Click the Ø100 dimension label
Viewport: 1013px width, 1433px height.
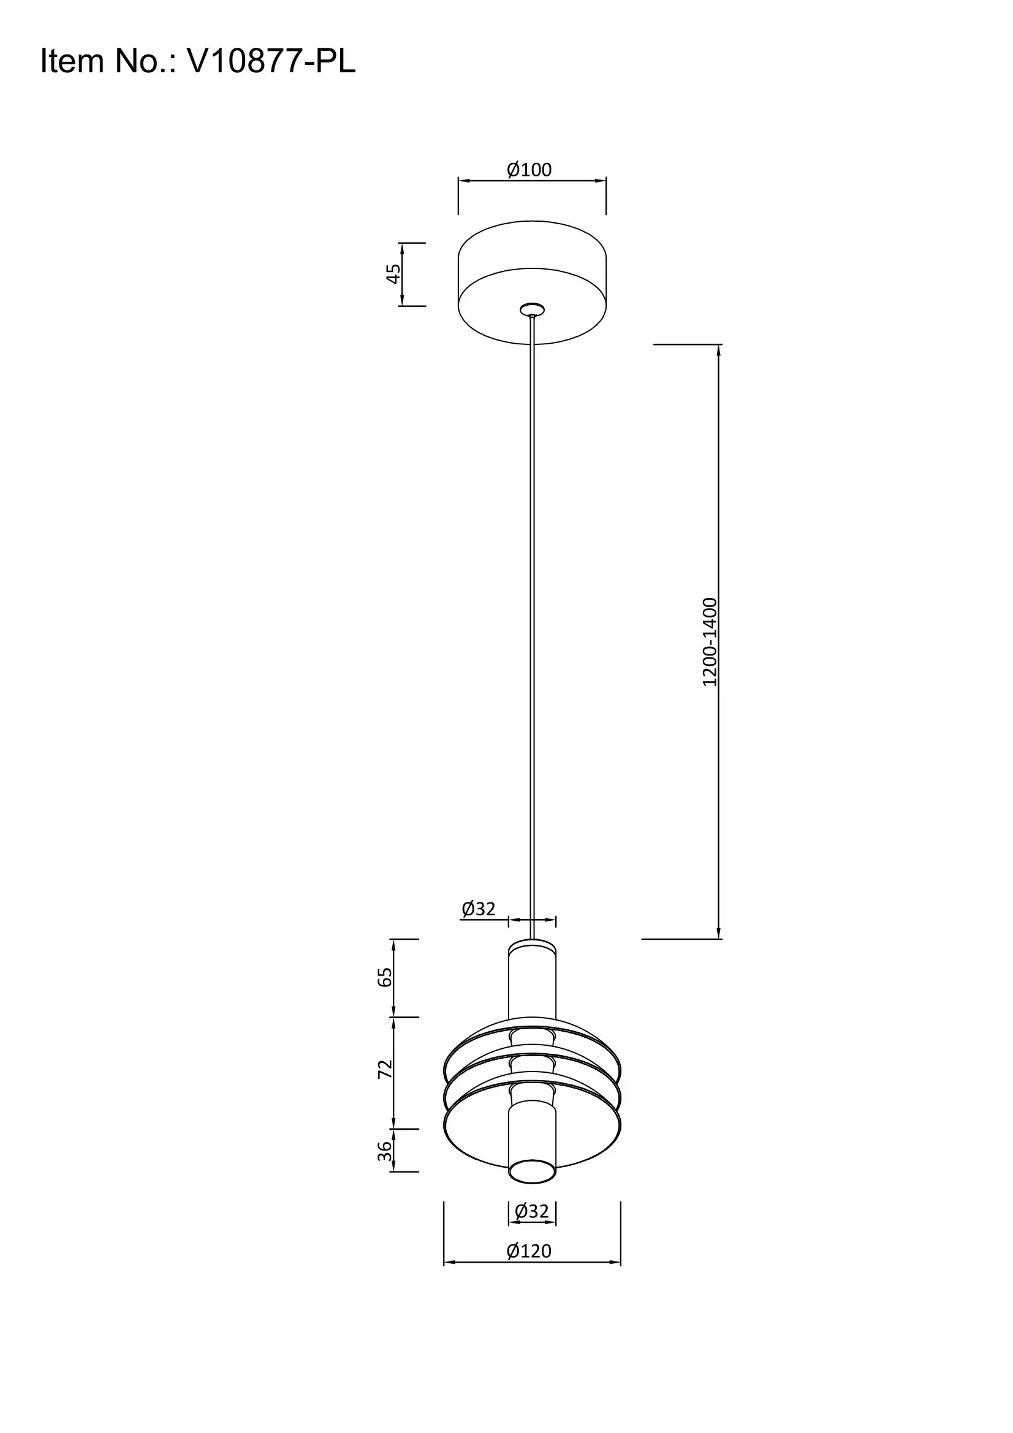[529, 170]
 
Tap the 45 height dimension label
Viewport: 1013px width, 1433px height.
[393, 274]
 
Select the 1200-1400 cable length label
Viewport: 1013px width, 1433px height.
[710, 642]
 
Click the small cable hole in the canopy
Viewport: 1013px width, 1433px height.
[532, 309]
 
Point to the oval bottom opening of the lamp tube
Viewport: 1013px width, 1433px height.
[532, 1171]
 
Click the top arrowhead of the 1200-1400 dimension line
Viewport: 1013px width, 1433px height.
[719, 349]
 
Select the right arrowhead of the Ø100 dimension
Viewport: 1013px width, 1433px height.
[602, 181]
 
